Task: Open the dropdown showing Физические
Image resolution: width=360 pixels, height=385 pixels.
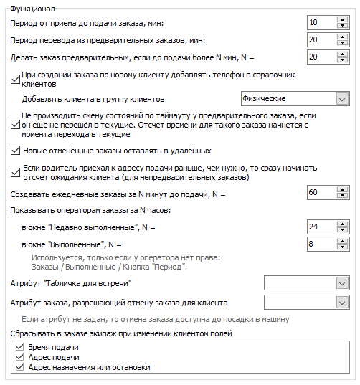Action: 294,98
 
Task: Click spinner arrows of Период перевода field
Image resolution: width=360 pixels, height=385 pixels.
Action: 342,40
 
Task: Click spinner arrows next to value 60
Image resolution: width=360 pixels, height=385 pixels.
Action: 342,193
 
